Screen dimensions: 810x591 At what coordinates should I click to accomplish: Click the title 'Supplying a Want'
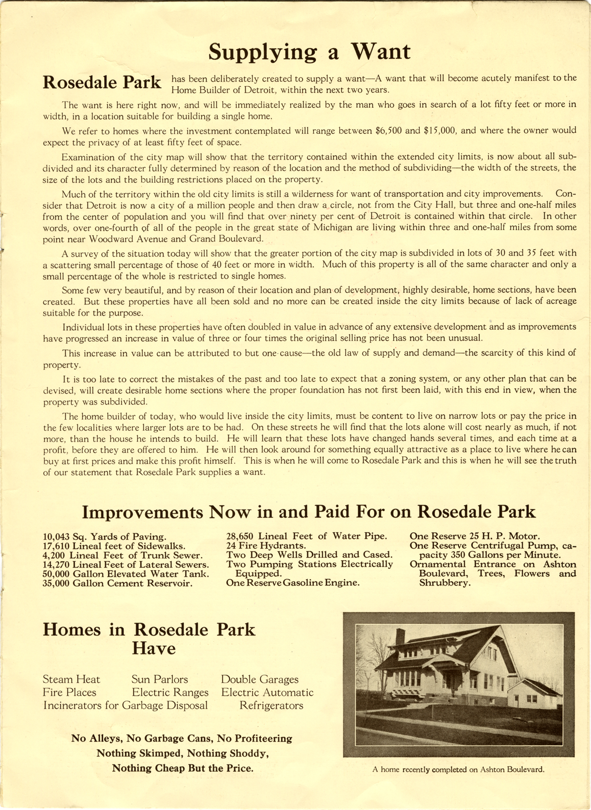309,51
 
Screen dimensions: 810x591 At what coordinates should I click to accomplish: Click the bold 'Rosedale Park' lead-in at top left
102,82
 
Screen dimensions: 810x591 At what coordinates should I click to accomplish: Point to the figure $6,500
388,131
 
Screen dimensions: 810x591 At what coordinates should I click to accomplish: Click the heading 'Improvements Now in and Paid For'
308,512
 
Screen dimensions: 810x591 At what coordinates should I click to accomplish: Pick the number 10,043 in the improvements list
56,537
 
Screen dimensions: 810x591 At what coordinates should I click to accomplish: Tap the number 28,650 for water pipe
241,536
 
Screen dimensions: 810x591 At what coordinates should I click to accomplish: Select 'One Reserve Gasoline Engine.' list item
293,583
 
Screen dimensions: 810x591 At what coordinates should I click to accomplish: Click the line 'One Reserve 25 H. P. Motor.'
474,536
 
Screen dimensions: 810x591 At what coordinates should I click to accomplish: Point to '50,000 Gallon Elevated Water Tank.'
126,574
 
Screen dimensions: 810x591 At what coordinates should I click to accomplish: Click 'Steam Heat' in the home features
72,680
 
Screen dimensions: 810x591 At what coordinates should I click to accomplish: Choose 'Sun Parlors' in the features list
160,680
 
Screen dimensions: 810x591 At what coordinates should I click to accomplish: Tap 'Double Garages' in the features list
260,680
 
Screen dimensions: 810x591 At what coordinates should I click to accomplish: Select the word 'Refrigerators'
271,706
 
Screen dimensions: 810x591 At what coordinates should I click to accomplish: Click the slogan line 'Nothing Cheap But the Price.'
182,768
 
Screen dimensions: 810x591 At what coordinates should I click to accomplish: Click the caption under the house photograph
458,770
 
